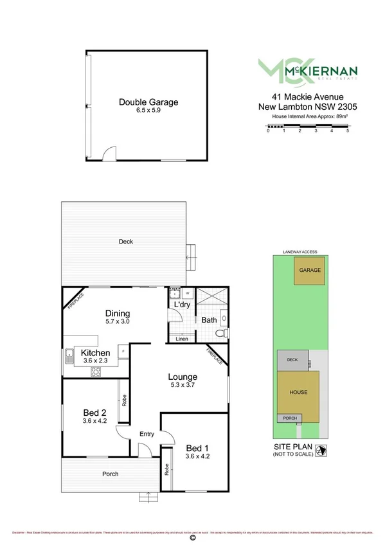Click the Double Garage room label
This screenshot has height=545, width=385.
[148, 102]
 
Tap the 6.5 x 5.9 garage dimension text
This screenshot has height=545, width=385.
[148, 111]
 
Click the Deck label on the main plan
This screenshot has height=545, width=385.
[125, 242]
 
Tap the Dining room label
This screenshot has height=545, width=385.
[118, 313]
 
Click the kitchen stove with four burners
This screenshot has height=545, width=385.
[96, 371]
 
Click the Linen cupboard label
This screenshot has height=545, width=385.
[182, 338]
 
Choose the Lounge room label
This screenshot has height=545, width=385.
[183, 377]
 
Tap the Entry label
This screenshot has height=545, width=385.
[147, 434]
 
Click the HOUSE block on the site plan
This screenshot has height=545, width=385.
[298, 392]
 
